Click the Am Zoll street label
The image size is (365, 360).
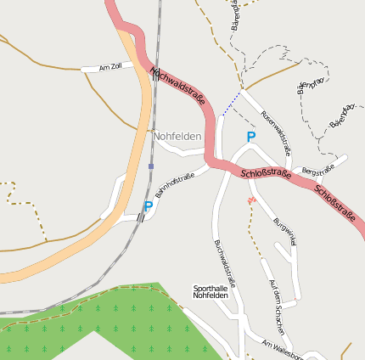pos(111,66)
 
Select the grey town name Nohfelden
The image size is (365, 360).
pos(177,136)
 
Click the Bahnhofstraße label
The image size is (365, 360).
pos(175,187)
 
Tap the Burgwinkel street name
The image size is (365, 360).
pos(285,231)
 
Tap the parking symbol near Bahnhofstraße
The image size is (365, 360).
pos(149,206)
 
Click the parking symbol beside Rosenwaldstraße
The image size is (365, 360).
pos(250,137)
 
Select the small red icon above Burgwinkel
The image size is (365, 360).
pos(250,200)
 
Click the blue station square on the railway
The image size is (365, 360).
pos(151,166)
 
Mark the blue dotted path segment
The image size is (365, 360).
pos(231,104)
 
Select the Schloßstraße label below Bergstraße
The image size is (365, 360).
pos(334,200)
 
